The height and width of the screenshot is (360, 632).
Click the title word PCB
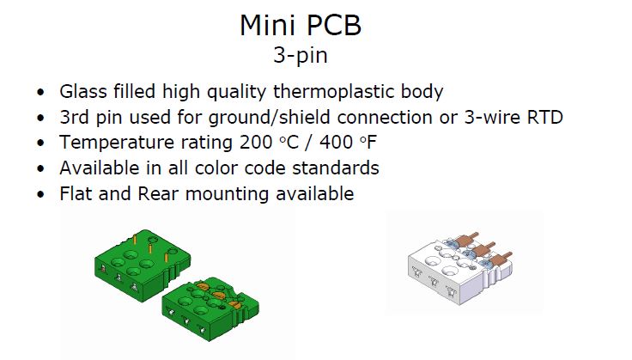(334, 26)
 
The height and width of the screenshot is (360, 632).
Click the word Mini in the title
(267, 26)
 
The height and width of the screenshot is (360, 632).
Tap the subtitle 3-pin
(301, 55)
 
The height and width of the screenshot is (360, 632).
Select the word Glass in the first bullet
(83, 92)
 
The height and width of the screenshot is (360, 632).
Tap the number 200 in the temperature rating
(256, 143)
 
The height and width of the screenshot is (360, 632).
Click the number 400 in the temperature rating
(336, 143)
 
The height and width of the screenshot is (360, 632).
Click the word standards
(336, 168)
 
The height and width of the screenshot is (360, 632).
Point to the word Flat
(76, 193)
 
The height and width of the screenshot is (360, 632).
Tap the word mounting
(227, 194)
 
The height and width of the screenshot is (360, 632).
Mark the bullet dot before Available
(40, 169)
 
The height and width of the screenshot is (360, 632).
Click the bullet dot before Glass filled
(40, 92)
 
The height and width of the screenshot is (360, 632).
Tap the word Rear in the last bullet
(158, 193)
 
